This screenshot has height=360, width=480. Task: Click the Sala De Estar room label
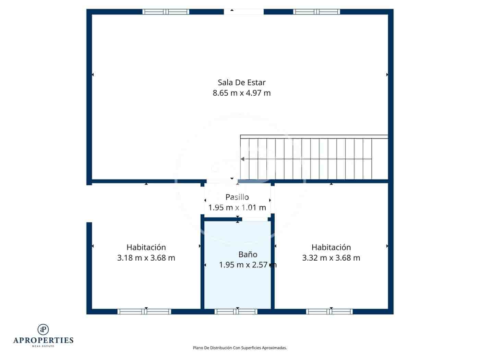click(x=242, y=82)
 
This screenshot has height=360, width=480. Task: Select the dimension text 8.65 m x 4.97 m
click(x=242, y=93)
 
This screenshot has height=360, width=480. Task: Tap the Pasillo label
click(x=237, y=197)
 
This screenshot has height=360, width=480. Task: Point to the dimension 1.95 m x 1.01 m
click(x=237, y=207)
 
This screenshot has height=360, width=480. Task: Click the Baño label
click(x=248, y=254)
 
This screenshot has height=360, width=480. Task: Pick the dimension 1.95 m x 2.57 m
click(x=248, y=265)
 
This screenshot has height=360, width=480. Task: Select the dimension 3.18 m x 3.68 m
click(x=146, y=258)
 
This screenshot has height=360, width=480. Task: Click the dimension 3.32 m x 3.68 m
click(x=331, y=258)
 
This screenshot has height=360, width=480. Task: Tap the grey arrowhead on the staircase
click(x=242, y=159)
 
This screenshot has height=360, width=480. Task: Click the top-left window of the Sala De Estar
click(x=166, y=12)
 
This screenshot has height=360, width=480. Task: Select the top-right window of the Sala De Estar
click(x=316, y=12)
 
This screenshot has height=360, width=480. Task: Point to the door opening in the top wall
click(x=244, y=12)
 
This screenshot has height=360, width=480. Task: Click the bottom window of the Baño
click(x=236, y=311)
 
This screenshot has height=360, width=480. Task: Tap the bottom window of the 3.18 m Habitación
click(x=144, y=311)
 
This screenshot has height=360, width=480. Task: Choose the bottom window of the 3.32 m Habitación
click(x=329, y=311)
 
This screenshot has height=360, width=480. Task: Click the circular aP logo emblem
click(x=43, y=329)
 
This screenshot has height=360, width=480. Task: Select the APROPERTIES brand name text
click(x=43, y=340)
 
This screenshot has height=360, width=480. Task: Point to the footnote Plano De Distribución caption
click(x=240, y=348)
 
